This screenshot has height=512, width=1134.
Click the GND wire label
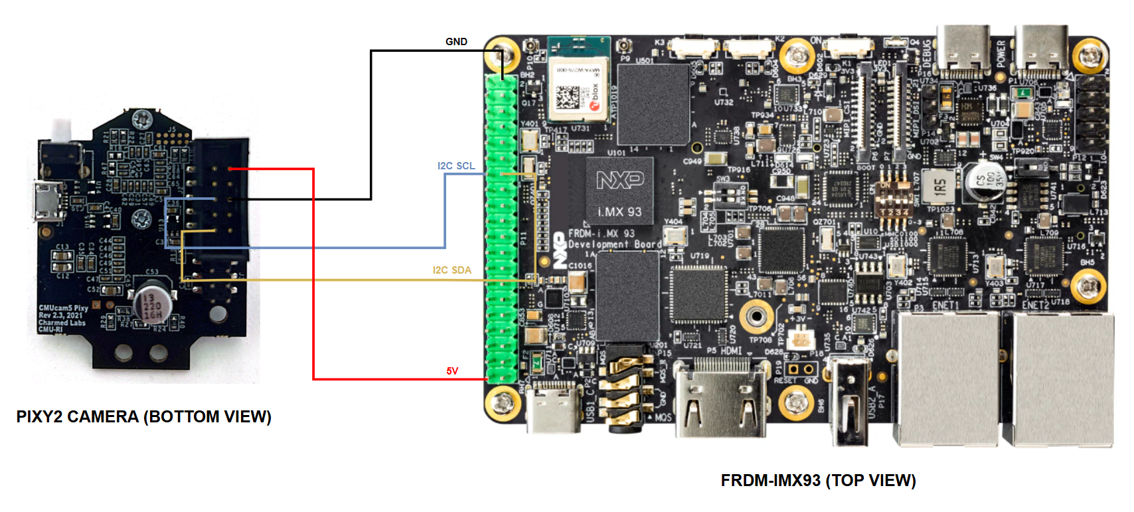[456, 42]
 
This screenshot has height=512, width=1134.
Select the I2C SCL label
[456, 166]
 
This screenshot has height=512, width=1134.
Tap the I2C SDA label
[452, 270]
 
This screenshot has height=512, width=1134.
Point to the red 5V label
[452, 371]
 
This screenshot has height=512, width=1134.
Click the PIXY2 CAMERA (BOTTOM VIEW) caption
[143, 417]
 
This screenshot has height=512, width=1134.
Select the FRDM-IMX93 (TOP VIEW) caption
[818, 481]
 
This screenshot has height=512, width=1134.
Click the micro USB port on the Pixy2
[46, 200]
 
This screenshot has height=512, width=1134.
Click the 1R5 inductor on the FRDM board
[939, 186]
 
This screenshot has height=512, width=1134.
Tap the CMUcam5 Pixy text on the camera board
[64, 308]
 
